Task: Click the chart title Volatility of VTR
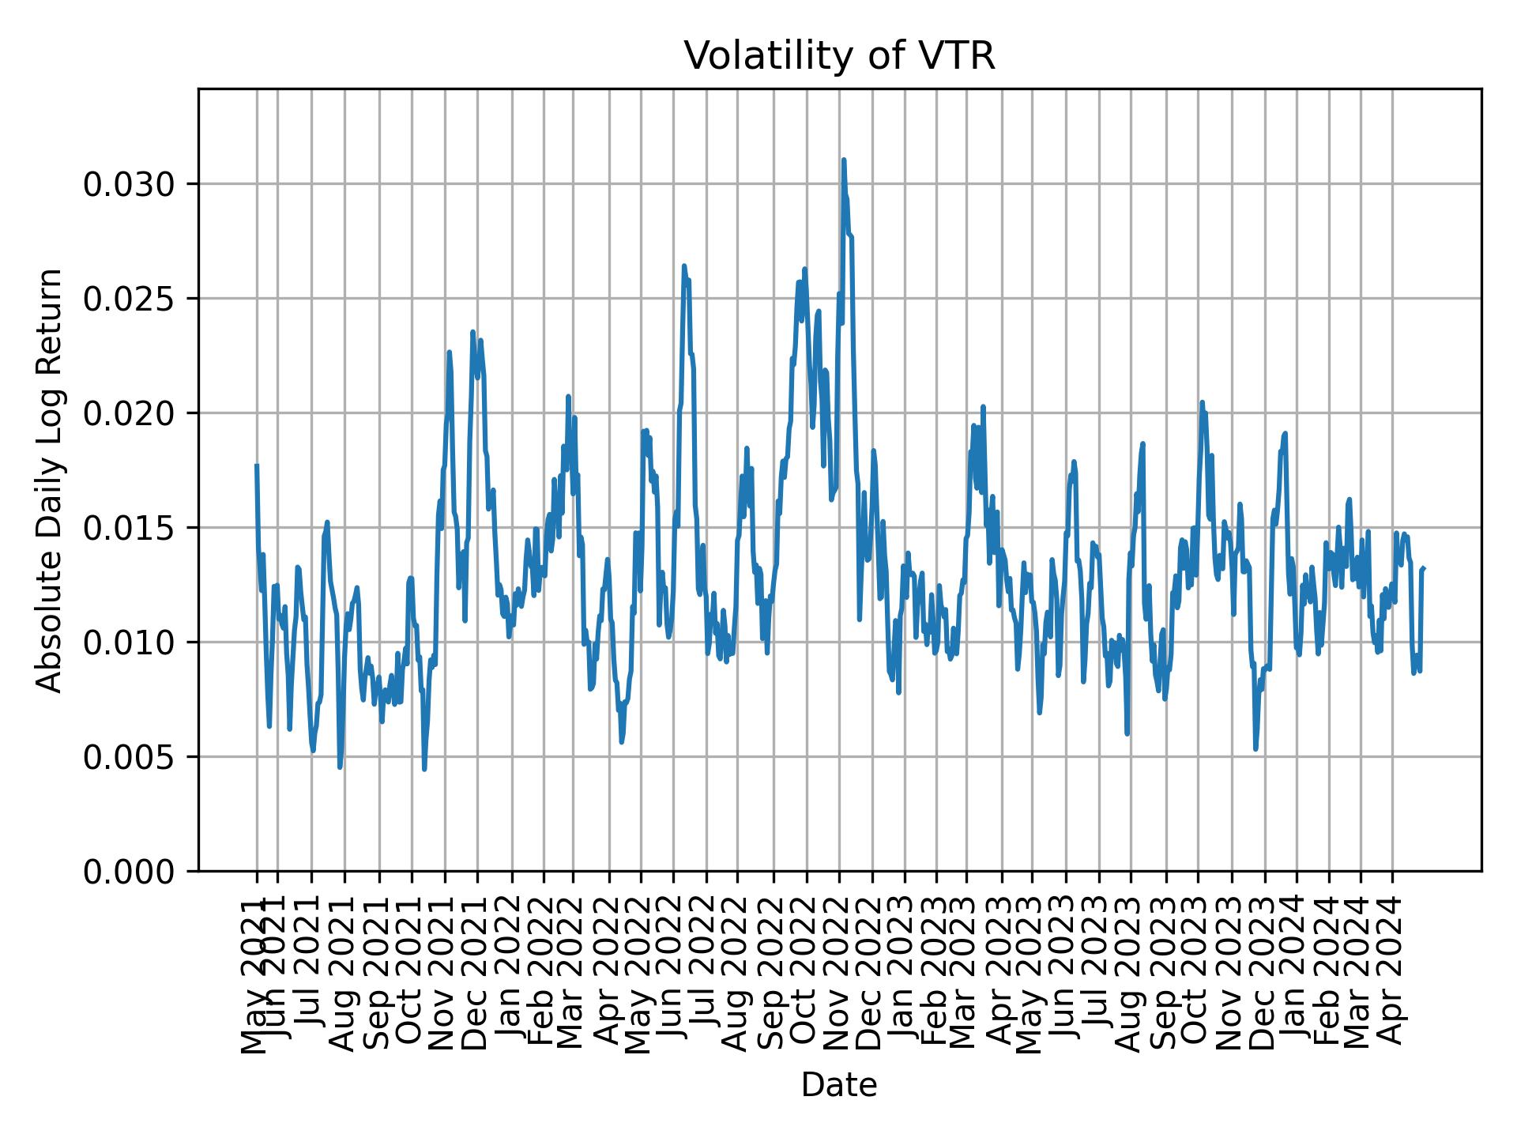[839, 57]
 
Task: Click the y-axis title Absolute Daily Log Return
[51, 480]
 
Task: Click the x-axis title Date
[839, 1086]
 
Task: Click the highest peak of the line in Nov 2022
[844, 160]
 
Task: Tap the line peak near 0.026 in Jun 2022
[684, 266]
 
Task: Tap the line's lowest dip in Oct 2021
[424, 769]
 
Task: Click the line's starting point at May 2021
[257, 465]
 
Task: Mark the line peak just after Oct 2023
[1202, 402]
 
